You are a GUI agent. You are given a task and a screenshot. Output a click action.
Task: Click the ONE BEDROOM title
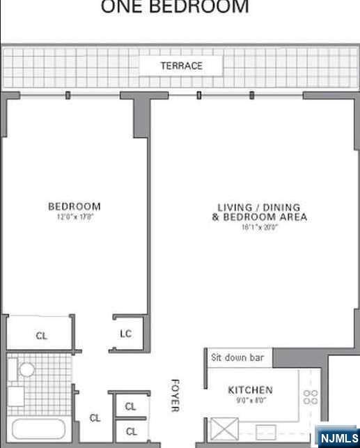click(175, 8)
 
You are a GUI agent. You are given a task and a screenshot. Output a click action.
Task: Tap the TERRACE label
click(181, 65)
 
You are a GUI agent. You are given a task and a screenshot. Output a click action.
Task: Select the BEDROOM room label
click(74, 206)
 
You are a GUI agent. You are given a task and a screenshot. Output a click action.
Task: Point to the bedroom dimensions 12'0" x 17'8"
click(74, 217)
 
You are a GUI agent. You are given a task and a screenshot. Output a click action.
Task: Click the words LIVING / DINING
click(259, 207)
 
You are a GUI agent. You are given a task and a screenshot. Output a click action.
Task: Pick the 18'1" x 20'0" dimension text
click(259, 227)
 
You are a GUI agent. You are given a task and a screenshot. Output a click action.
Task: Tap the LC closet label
click(125, 334)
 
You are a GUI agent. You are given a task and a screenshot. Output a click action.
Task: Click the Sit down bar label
click(237, 357)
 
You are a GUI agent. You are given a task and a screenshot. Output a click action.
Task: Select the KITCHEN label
click(250, 390)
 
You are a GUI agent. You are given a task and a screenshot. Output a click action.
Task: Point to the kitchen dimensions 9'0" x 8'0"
click(250, 401)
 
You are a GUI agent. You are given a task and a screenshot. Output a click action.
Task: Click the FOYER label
click(175, 395)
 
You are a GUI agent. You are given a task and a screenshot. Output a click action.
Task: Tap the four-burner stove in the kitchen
click(311, 398)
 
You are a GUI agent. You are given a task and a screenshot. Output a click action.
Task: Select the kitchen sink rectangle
click(265, 429)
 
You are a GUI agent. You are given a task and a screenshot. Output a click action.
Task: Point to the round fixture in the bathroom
click(26, 369)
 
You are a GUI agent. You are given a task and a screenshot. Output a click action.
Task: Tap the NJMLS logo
click(338, 438)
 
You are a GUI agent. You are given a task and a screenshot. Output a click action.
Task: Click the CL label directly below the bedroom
click(42, 336)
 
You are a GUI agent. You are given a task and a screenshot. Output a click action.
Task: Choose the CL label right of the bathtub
click(95, 418)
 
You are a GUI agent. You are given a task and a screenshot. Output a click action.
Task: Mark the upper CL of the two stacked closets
click(130, 406)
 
